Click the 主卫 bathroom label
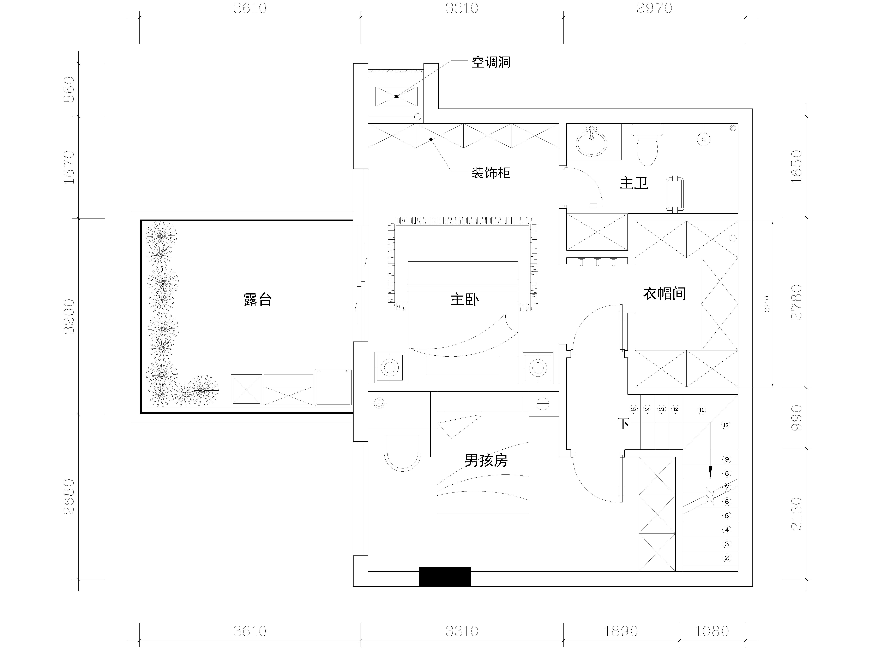tap(634, 183)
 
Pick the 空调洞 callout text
tap(491, 62)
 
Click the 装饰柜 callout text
tap(491, 173)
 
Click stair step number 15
tap(633, 409)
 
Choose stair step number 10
tap(726, 425)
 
